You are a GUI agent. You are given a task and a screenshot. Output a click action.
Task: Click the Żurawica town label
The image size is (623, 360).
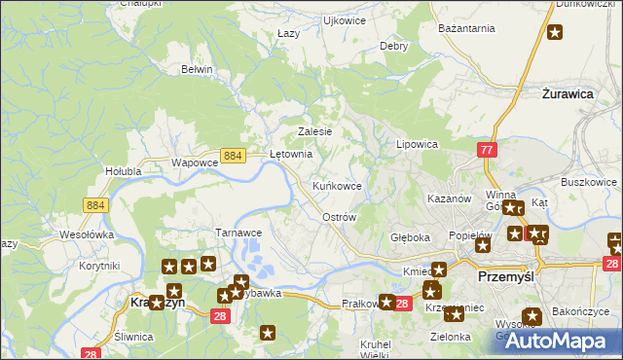568,94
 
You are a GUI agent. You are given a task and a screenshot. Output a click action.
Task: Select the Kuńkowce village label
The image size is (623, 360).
337,185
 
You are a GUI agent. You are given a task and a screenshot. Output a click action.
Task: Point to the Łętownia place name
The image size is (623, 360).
290,154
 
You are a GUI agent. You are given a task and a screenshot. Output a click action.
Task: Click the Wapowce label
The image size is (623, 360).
193,163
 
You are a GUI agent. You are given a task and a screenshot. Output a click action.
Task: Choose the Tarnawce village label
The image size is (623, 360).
238,234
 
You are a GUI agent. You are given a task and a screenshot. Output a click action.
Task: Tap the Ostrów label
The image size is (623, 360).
339,218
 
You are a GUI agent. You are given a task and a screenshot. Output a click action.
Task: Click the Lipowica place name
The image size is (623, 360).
417,144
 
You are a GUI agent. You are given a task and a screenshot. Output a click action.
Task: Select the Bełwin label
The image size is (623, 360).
197,70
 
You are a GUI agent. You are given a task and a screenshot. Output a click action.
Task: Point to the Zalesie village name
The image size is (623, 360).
315,132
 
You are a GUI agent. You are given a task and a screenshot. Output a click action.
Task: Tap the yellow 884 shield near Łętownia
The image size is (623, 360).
232,155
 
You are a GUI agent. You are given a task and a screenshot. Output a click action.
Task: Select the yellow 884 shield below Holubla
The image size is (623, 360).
95,204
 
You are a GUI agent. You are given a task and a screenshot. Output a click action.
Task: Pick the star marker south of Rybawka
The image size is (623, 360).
269,333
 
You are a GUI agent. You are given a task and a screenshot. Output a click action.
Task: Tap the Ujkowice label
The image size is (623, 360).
344,19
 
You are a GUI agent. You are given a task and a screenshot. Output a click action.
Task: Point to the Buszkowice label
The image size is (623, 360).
589,182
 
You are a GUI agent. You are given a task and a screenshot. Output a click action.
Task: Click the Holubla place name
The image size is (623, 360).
124,172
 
